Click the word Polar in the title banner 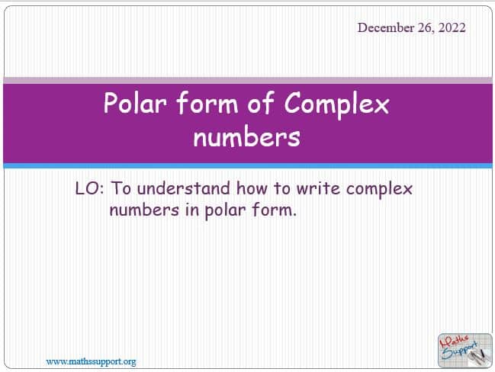click(x=135, y=103)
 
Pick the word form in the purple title click(x=207, y=102)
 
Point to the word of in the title click(x=260, y=102)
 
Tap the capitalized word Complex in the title click(x=336, y=105)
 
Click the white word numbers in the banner click(x=246, y=136)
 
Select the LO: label click(x=89, y=188)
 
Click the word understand click(x=184, y=188)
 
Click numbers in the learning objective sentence click(x=144, y=210)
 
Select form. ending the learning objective click(x=275, y=210)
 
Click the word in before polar click(x=192, y=210)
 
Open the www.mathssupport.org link click(x=91, y=361)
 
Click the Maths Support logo click(x=465, y=350)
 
